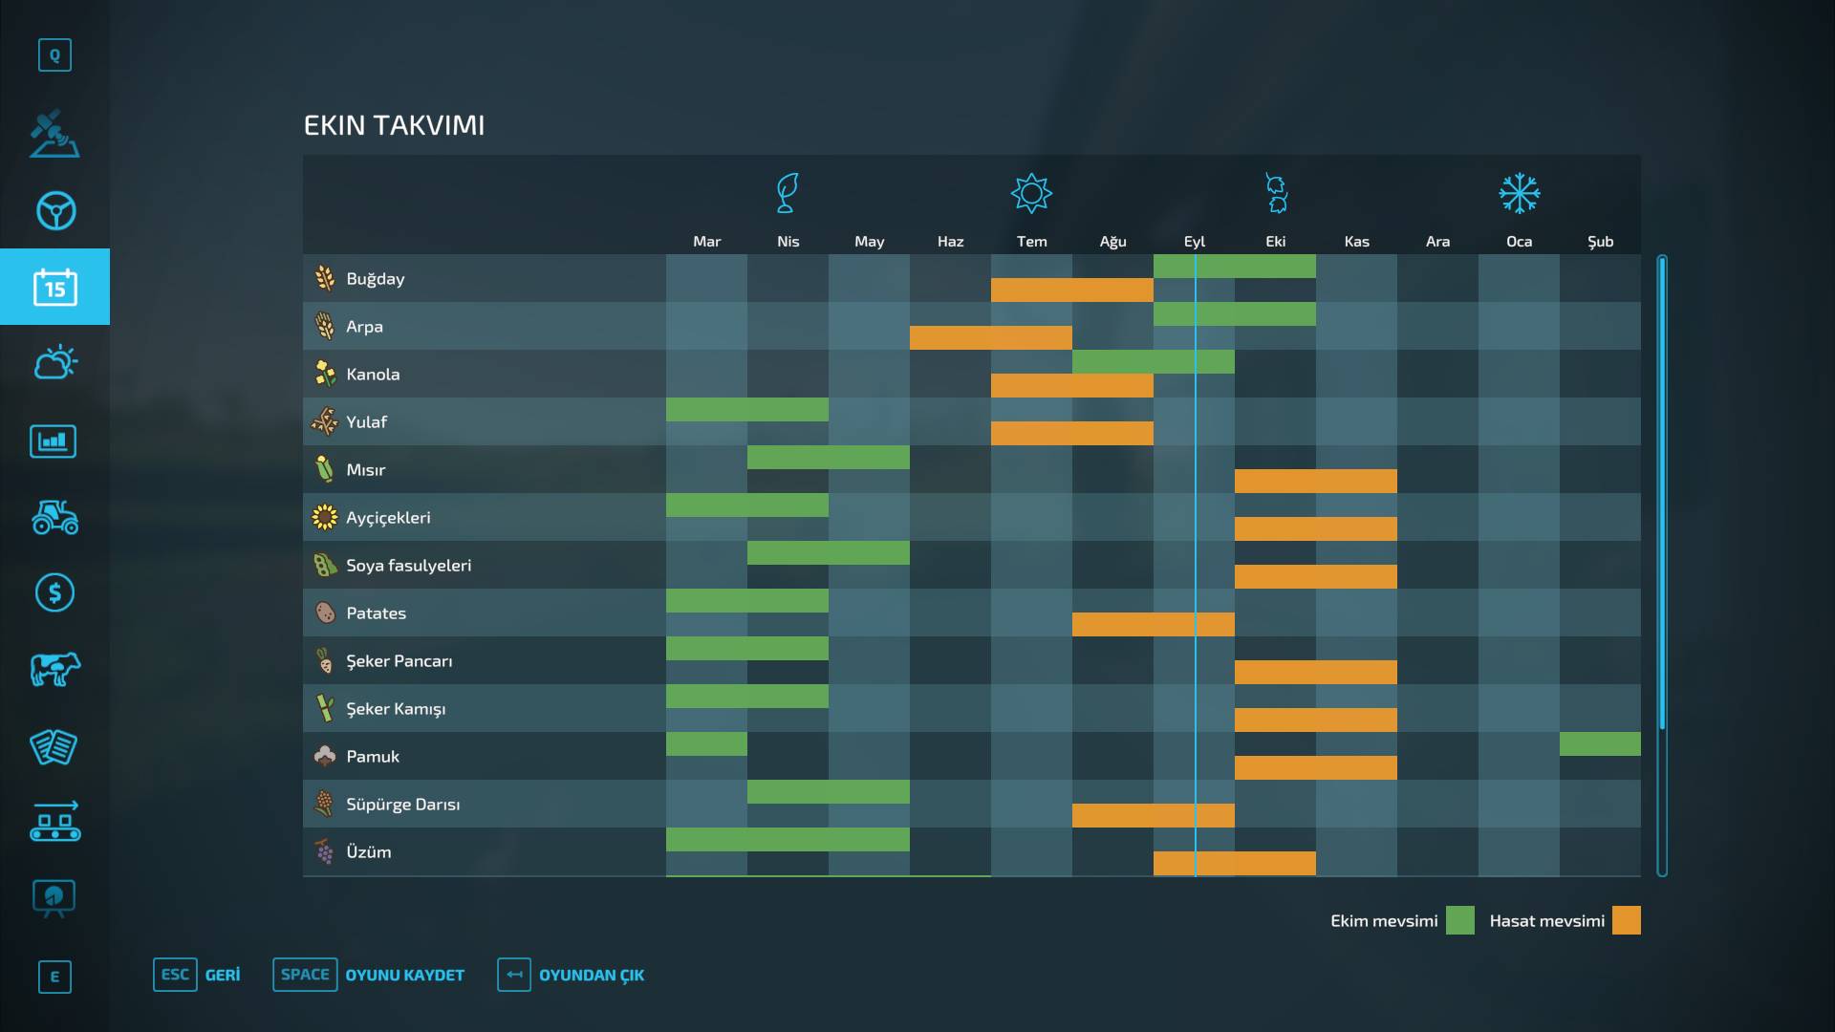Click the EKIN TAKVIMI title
pyautogui.click(x=394, y=125)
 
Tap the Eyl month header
pyautogui.click(x=1194, y=242)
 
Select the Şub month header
pyautogui.click(x=1600, y=242)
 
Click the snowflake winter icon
pyautogui.click(x=1519, y=194)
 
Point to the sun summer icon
pyautogui.click(x=1031, y=194)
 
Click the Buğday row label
pyautogui.click(x=375, y=279)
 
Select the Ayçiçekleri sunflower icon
pyautogui.click(x=325, y=517)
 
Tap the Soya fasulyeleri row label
pyautogui.click(x=408, y=566)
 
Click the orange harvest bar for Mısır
pyautogui.click(x=1315, y=482)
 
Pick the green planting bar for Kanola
pyautogui.click(x=1153, y=362)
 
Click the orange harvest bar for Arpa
pyautogui.click(x=990, y=338)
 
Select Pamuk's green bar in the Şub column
pyautogui.click(x=1599, y=744)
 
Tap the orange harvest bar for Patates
pyautogui.click(x=1153, y=625)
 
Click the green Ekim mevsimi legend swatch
pyautogui.click(x=1459, y=920)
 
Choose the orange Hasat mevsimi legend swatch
pyautogui.click(x=1626, y=920)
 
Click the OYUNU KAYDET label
pyautogui.click(x=404, y=976)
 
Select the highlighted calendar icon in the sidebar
pyautogui.click(x=54, y=287)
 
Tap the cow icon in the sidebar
pyautogui.click(x=54, y=669)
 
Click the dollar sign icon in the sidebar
pyautogui.click(x=54, y=593)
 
